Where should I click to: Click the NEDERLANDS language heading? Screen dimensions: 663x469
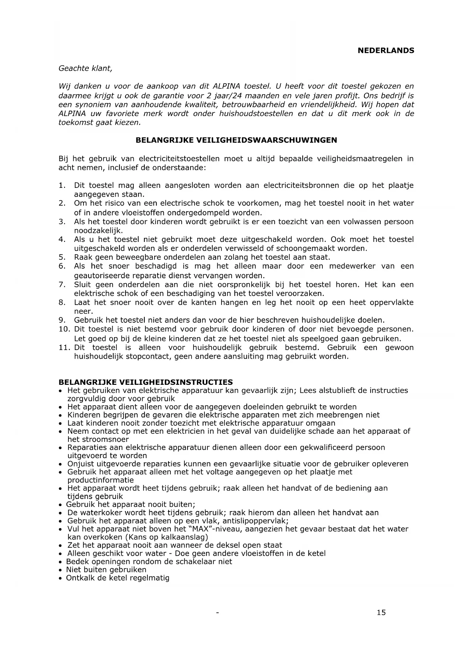point(386,51)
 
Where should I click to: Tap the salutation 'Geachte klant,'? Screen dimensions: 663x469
point(85,68)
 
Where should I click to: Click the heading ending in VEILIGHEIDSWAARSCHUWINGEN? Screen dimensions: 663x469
point(236,140)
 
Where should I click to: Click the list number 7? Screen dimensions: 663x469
point(62,285)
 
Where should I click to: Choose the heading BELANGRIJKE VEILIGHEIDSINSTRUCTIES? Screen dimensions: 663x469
point(146,382)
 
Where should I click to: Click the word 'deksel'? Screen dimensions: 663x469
point(228,545)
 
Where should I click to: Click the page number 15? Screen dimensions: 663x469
point(381,613)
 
